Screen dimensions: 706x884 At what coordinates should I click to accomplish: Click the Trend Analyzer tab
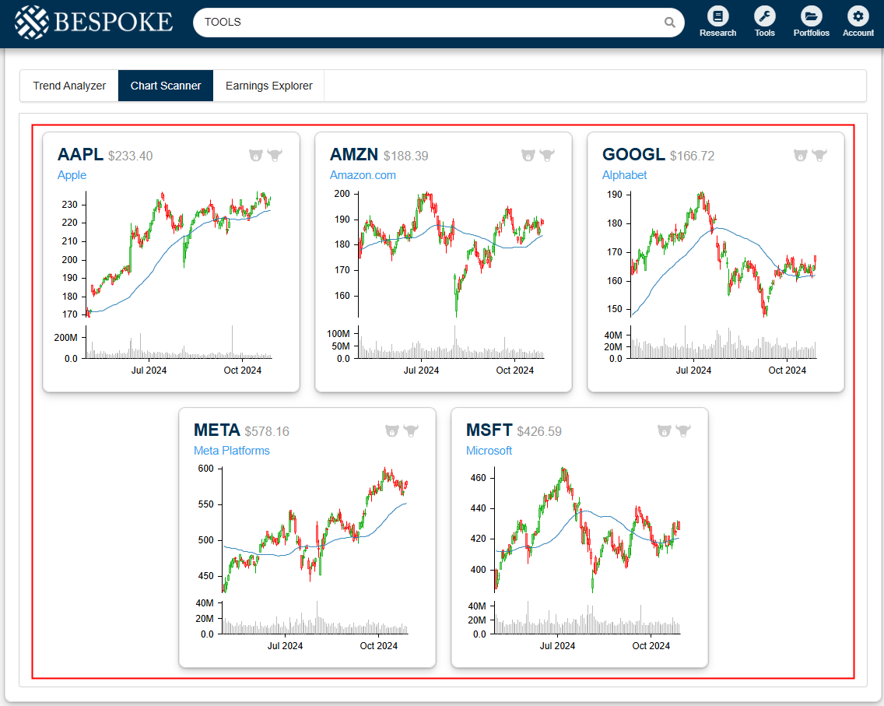(x=69, y=86)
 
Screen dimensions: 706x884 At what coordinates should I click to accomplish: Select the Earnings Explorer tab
(x=268, y=86)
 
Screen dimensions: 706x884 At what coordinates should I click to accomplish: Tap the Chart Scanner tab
(x=166, y=86)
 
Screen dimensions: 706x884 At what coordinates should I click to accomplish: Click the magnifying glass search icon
(x=669, y=23)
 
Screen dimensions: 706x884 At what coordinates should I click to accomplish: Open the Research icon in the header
(x=717, y=16)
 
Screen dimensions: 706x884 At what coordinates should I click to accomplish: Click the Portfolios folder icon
(x=811, y=16)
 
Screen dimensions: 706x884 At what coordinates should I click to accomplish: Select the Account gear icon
(x=858, y=16)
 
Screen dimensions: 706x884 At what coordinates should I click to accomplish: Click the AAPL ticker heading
(x=80, y=155)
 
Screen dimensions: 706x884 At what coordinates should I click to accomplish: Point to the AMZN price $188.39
(x=405, y=156)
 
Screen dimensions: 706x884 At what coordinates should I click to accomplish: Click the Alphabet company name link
(x=624, y=175)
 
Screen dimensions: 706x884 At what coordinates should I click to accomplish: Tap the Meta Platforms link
(x=231, y=451)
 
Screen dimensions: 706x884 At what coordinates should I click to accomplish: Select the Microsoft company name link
(x=489, y=451)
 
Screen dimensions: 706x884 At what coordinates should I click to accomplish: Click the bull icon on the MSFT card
(x=683, y=430)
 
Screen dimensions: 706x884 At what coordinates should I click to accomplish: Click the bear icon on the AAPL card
(x=256, y=155)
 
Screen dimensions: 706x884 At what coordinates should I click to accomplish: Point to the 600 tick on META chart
(x=205, y=469)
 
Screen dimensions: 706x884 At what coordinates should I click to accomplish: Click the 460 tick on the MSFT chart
(x=478, y=478)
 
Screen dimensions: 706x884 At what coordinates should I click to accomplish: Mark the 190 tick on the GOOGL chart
(x=615, y=195)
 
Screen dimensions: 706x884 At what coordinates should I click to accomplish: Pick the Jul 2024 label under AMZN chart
(x=421, y=371)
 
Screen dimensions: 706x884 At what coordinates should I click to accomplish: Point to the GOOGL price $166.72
(x=692, y=156)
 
